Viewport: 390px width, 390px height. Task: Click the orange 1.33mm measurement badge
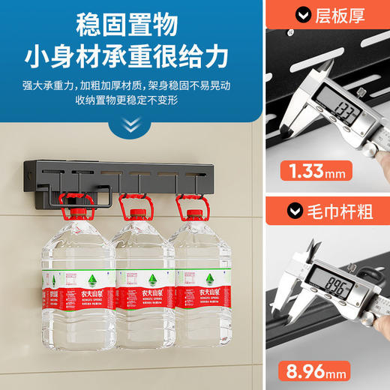313,171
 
